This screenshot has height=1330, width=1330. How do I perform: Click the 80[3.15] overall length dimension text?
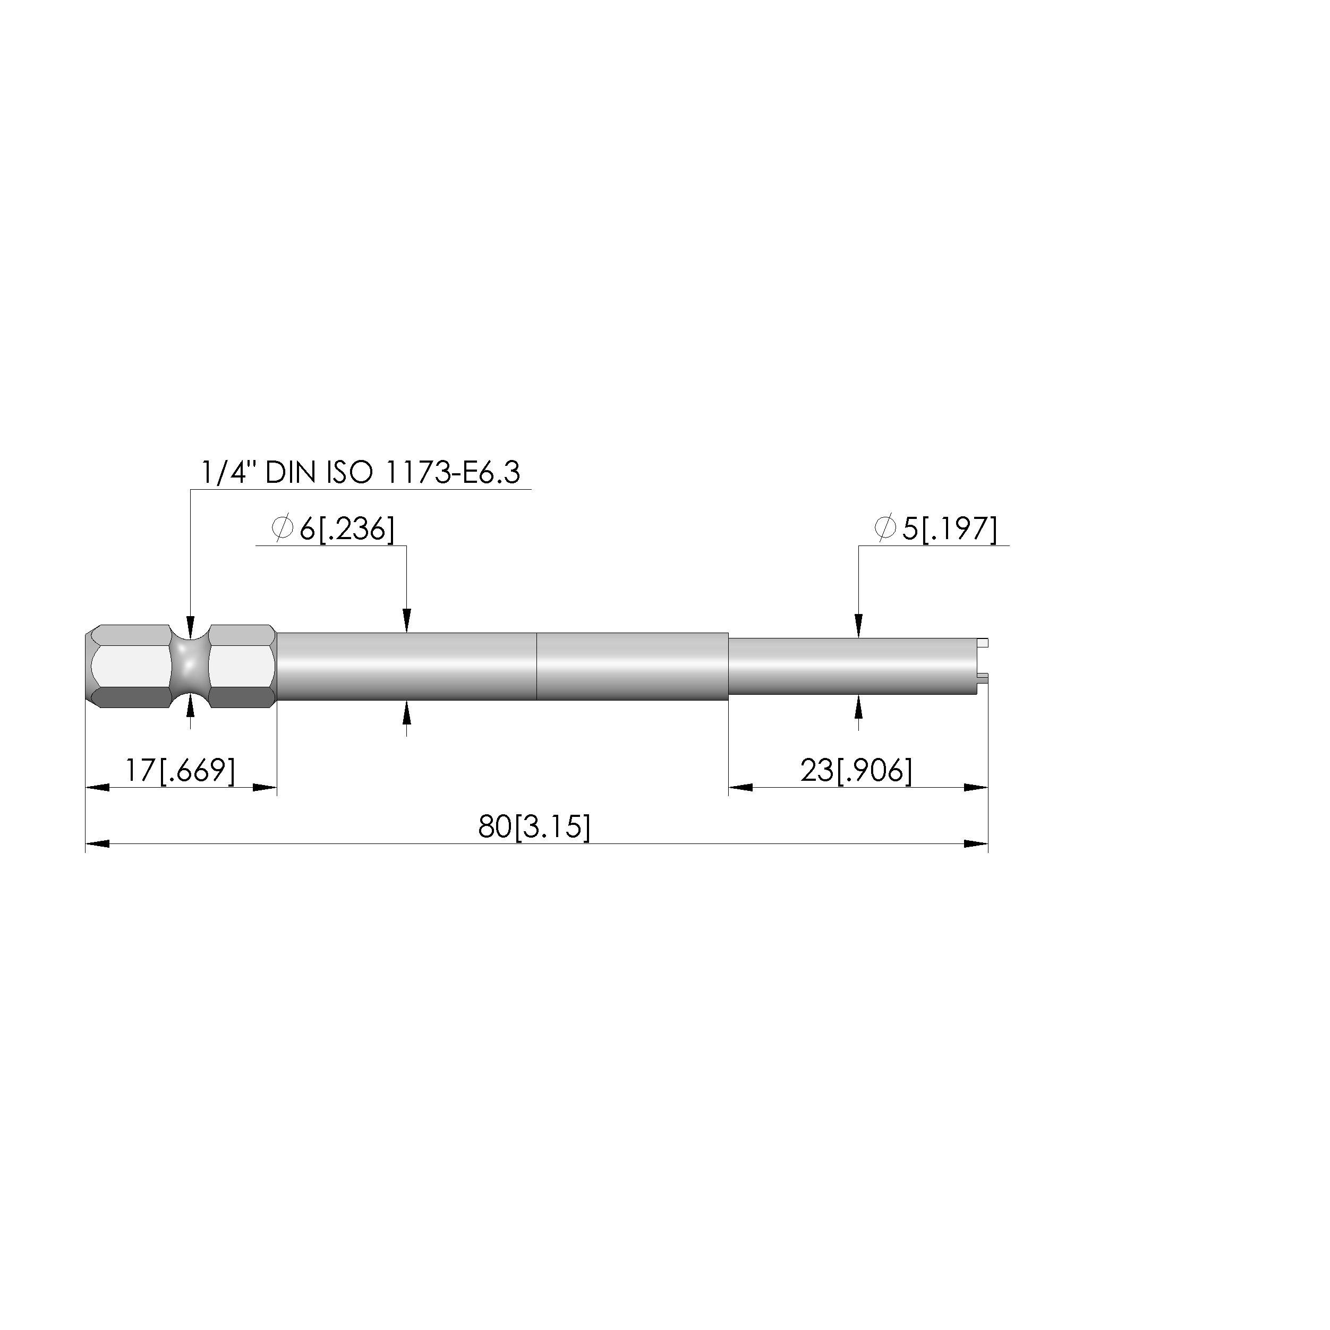(534, 828)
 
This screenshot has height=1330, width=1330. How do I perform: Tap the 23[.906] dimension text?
(856, 770)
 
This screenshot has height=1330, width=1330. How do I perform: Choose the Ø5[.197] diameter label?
(935, 530)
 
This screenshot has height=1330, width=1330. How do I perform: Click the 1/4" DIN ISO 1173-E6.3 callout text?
(360, 473)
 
